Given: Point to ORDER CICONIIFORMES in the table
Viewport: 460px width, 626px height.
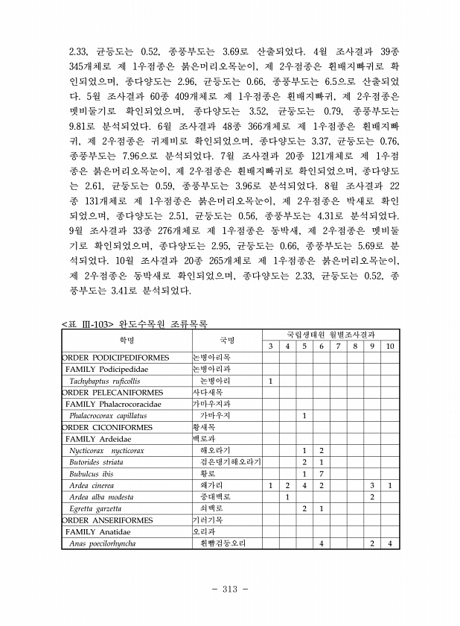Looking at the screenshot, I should (x=107, y=428).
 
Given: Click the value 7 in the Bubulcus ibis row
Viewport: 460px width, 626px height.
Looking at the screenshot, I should (x=321, y=474).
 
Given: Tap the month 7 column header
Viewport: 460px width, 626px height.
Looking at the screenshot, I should (x=338, y=347).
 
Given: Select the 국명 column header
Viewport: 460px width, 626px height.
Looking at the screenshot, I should (x=226, y=341).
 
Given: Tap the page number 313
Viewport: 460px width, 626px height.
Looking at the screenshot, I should (x=229, y=589).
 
